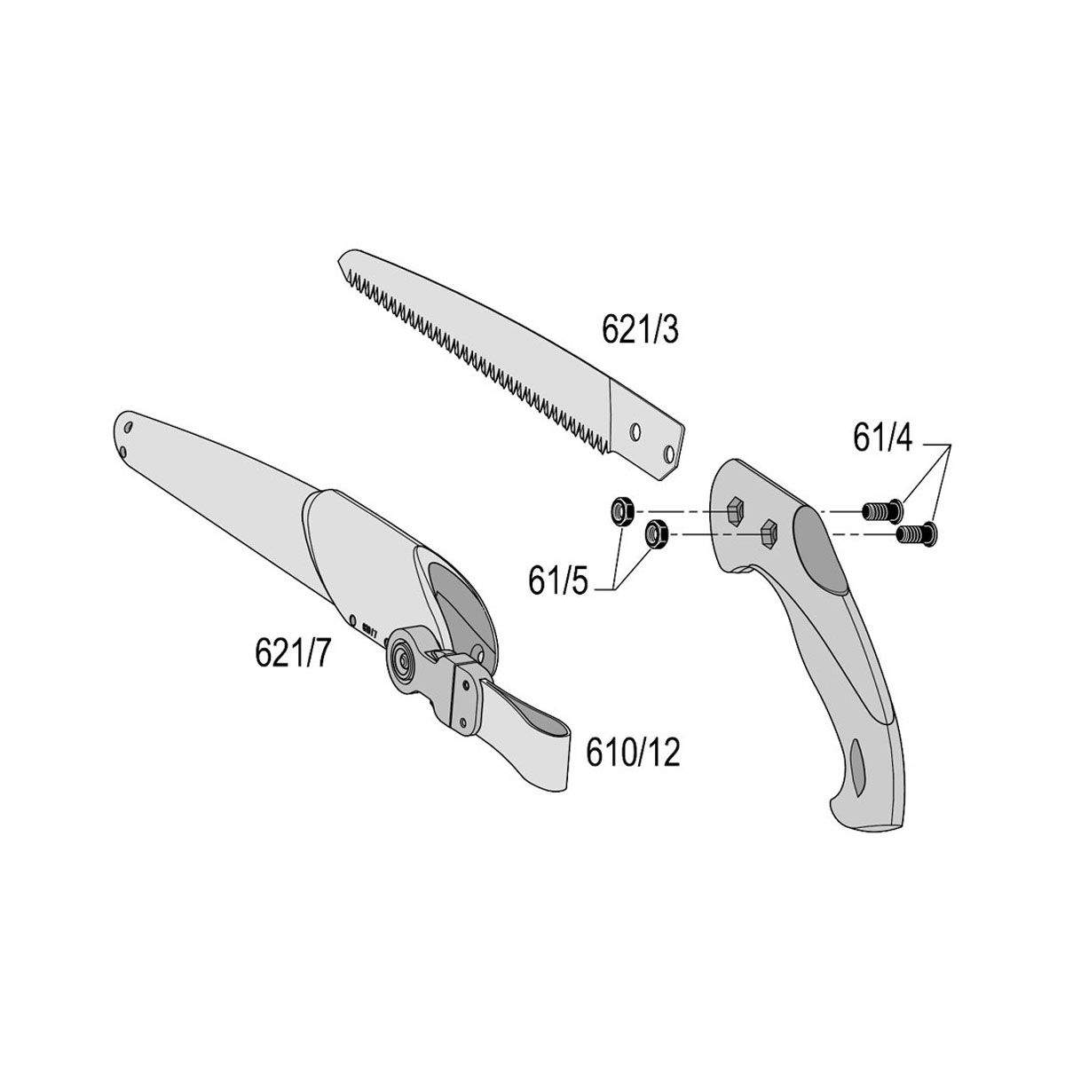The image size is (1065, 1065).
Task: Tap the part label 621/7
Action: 292,652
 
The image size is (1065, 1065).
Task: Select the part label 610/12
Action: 633,753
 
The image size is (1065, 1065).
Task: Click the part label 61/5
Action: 558,580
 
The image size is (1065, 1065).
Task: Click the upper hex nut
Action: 620,510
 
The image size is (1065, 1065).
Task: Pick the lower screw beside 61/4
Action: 916,534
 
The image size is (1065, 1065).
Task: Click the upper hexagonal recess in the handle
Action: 735,509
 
